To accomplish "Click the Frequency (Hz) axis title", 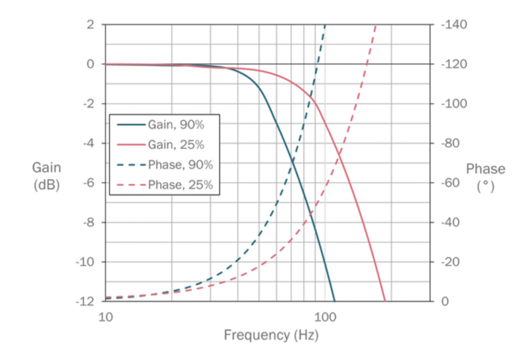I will pos(270,334).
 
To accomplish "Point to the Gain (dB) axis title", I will pos(46,176).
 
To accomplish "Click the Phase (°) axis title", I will pos(485,176).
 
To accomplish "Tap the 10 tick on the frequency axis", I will pos(105,316).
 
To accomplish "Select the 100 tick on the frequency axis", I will pos(325,316).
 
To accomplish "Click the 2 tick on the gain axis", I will pos(90,24).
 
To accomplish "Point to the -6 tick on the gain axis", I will pos(87,182).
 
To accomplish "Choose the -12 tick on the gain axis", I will pos(85,301).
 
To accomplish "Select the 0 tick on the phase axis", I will pos(447,301).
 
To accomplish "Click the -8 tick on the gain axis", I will pos(87,222).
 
